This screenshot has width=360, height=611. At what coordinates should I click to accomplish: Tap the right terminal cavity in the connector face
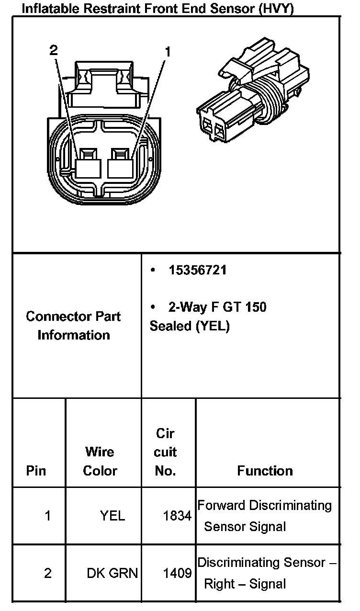pyautogui.click(x=122, y=165)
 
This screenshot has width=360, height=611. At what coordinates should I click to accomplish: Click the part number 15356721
pyautogui.click(x=197, y=271)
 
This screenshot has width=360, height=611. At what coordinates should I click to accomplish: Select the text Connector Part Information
pyautogui.click(x=73, y=326)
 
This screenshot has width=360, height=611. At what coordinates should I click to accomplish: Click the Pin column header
pyautogui.click(x=36, y=471)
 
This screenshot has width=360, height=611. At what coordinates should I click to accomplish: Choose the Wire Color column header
pyautogui.click(x=100, y=461)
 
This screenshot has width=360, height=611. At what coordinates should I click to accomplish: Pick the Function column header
pyautogui.click(x=265, y=471)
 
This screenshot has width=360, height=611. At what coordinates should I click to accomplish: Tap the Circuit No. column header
pyautogui.click(x=166, y=452)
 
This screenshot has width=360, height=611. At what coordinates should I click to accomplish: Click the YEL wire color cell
pyautogui.click(x=112, y=516)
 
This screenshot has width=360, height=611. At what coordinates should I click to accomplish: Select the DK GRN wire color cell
pyautogui.click(x=112, y=573)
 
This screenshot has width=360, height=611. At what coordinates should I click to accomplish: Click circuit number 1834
pyautogui.click(x=178, y=516)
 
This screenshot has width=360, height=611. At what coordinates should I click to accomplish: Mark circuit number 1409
pyautogui.click(x=178, y=573)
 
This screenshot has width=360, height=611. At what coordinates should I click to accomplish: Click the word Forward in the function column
pyautogui.click(x=221, y=506)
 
